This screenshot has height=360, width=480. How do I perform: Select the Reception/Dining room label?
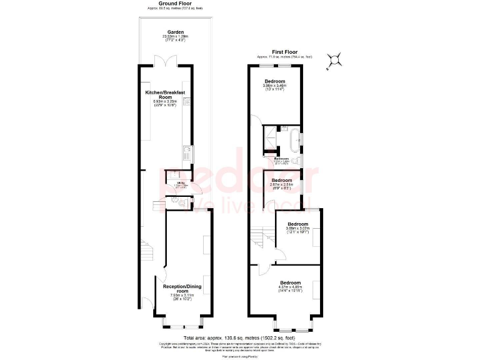(182, 288)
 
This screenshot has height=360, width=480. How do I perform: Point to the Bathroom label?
(281, 159)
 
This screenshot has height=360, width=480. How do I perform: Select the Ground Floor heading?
(175, 4)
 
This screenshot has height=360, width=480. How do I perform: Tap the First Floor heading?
(284, 53)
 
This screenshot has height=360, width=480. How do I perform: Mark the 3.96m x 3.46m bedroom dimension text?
(275, 86)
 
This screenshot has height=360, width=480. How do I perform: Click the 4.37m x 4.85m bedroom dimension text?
(291, 287)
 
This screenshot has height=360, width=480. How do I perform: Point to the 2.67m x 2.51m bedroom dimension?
(281, 184)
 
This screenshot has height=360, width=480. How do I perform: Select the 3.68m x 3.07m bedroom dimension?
(297, 229)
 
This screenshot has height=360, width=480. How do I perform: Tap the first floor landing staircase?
(259, 237)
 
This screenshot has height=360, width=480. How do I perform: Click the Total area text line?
(240, 337)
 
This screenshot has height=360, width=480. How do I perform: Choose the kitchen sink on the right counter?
(186, 150)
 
